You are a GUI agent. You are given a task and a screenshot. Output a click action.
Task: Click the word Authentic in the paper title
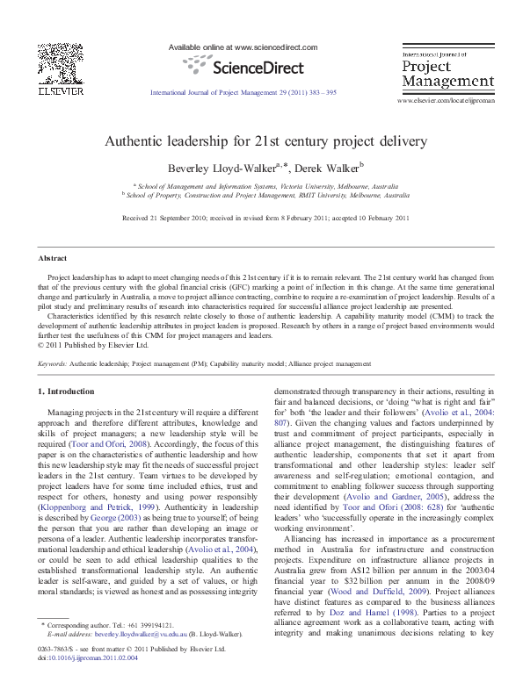pos(131,140)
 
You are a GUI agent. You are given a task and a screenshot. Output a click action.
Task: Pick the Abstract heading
pos(52,258)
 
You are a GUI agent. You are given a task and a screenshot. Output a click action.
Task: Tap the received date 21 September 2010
pos(178,218)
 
